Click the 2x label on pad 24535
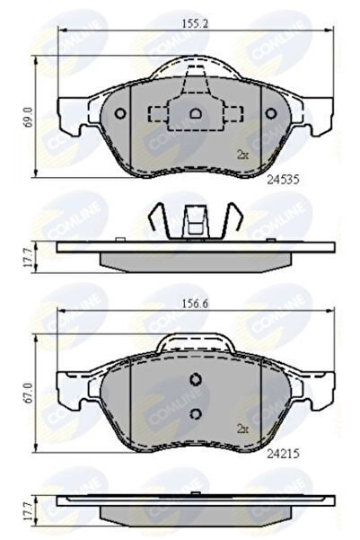coord(241,155)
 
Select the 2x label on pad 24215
coord(241,428)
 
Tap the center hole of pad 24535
coord(196,114)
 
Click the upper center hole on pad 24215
coord(196,379)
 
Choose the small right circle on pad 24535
coord(272,114)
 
